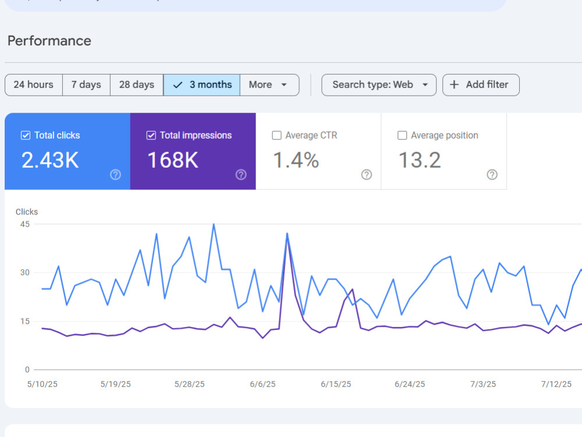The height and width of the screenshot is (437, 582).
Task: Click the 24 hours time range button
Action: (x=33, y=84)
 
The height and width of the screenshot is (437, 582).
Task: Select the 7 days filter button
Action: (x=86, y=84)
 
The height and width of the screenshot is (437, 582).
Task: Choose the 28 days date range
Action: (x=137, y=84)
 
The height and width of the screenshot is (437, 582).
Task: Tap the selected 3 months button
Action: (x=201, y=84)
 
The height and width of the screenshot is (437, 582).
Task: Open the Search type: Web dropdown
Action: (x=379, y=84)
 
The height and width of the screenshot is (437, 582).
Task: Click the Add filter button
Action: (x=481, y=84)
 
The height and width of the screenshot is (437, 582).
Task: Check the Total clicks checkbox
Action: (x=26, y=135)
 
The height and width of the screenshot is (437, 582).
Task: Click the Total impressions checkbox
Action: (x=151, y=135)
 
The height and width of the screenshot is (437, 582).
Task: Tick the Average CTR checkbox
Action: (x=276, y=135)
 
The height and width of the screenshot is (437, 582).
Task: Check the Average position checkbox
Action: (x=402, y=135)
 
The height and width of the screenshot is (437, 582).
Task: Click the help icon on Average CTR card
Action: (x=366, y=175)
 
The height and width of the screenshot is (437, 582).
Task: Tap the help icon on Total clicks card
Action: (x=115, y=175)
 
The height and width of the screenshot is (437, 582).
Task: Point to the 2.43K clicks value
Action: (x=50, y=160)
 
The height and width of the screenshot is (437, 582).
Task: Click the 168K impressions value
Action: (x=173, y=160)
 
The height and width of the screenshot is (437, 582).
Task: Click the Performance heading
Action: (x=49, y=41)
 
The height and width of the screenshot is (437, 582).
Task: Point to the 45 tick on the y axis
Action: (x=25, y=224)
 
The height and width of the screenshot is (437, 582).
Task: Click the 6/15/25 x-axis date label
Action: (x=336, y=384)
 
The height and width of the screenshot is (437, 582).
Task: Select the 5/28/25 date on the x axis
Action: (x=189, y=384)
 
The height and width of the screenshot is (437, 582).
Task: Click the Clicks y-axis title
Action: (x=27, y=212)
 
